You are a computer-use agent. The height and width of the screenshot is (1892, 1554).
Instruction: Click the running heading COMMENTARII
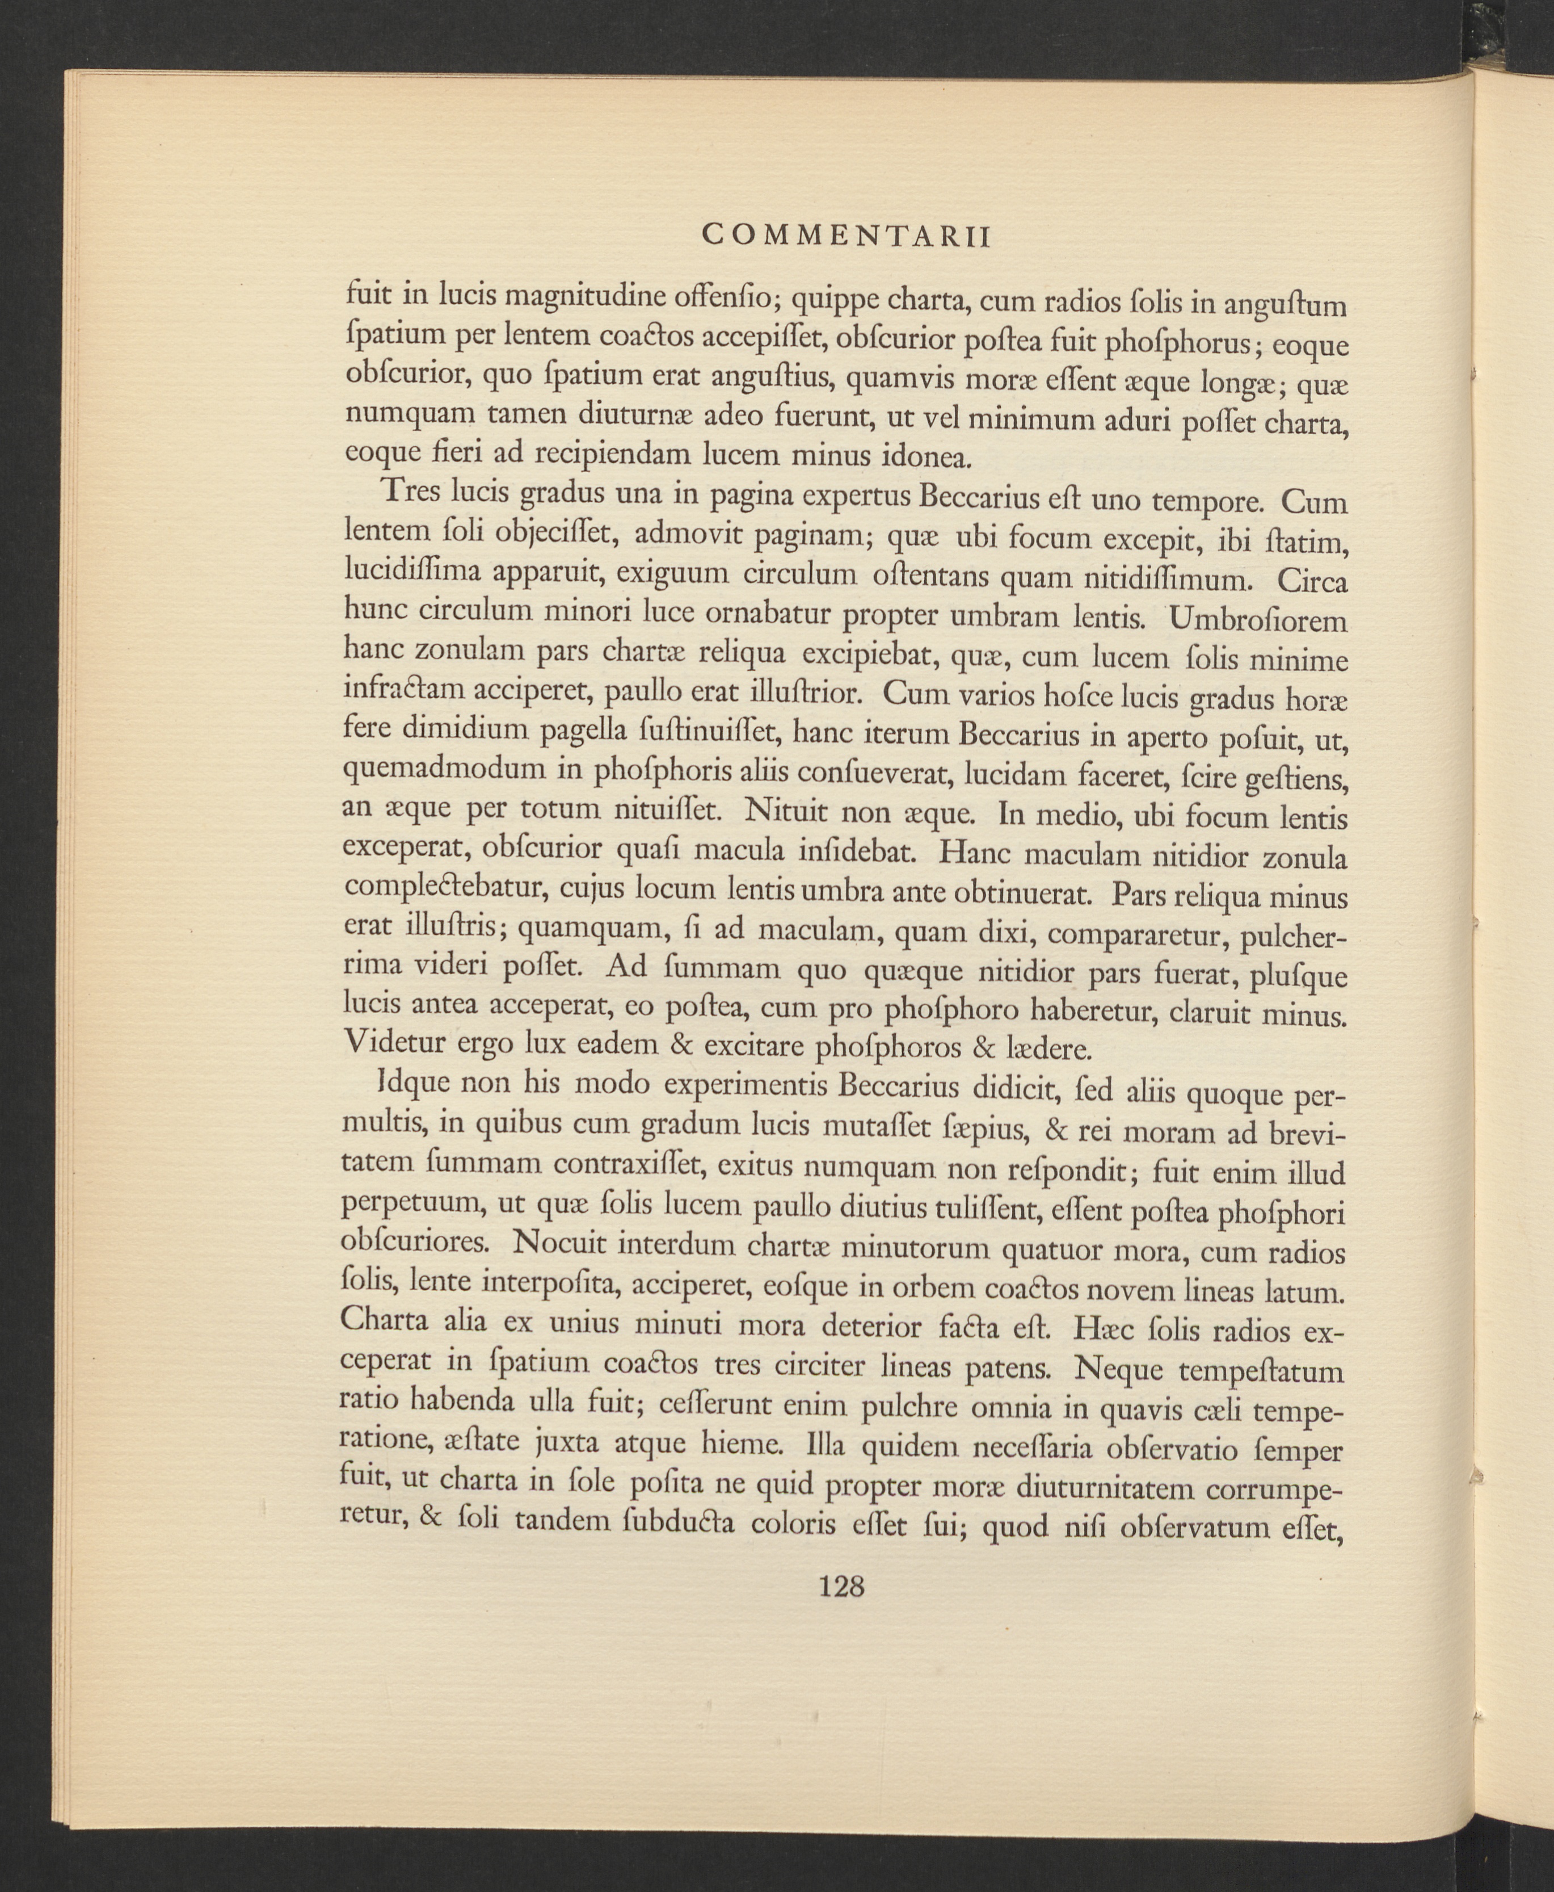[846, 236]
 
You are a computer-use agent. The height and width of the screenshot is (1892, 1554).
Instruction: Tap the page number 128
[841, 1587]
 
